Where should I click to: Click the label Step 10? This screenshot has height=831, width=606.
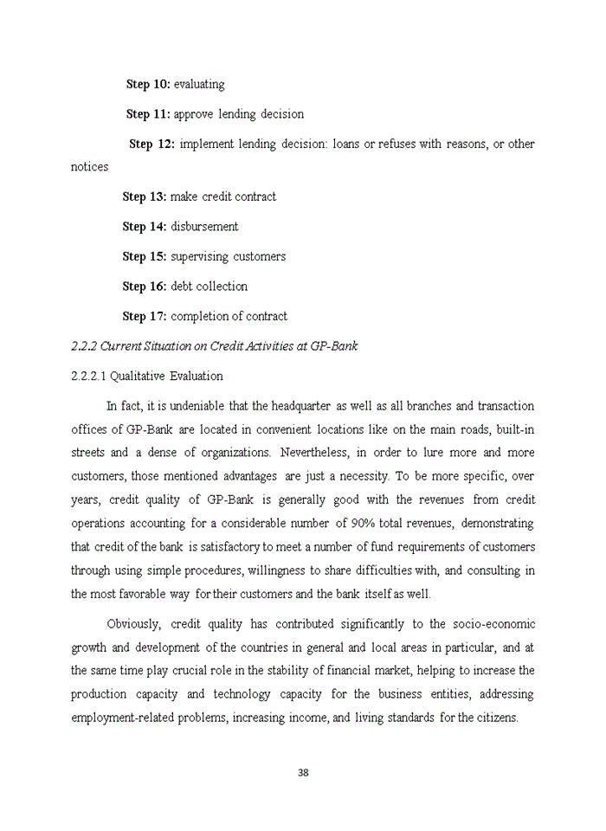tap(148, 84)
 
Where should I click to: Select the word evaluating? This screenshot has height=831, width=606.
tap(199, 85)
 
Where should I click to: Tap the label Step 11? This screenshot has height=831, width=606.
tap(148, 114)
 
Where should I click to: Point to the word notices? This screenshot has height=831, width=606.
tap(89, 166)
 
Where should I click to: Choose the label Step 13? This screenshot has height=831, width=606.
tap(145, 196)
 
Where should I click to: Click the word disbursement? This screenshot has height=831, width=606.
tap(204, 227)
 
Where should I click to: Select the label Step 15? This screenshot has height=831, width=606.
tap(145, 256)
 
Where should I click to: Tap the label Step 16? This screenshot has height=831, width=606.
tap(145, 287)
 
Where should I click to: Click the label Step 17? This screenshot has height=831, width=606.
tap(145, 316)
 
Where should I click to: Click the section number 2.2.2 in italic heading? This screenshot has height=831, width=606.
tap(84, 346)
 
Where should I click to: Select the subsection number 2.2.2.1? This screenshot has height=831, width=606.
tap(88, 377)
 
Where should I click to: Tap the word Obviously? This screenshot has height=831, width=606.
tap(133, 624)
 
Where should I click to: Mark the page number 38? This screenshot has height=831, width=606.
tap(303, 773)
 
